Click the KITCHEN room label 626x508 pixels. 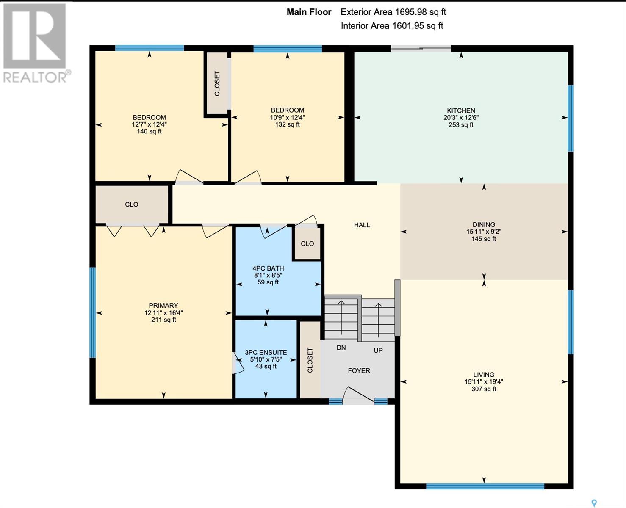pos(461,110)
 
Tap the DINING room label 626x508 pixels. pos(484,224)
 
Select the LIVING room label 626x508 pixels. pos(484,374)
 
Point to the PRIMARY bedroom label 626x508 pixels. pos(163,305)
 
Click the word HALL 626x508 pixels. pos(362,225)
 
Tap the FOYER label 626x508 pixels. pos(359,370)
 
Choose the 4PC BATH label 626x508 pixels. pos(268,268)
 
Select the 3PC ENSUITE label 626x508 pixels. pos(266,352)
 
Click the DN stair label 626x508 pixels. pos(341,348)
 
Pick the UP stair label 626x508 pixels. pos(378,351)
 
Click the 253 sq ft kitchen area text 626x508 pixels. pos(461,125)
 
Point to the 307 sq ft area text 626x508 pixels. pos(484,389)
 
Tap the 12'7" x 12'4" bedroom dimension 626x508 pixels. pos(149,124)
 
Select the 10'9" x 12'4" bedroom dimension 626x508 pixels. pos(288,117)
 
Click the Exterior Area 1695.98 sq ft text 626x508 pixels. pos(393,12)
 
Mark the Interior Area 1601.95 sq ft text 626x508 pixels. pos(392,26)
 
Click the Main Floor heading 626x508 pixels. pos(309,12)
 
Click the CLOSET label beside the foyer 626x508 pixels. pos(310,360)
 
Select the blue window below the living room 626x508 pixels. pos(485,486)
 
